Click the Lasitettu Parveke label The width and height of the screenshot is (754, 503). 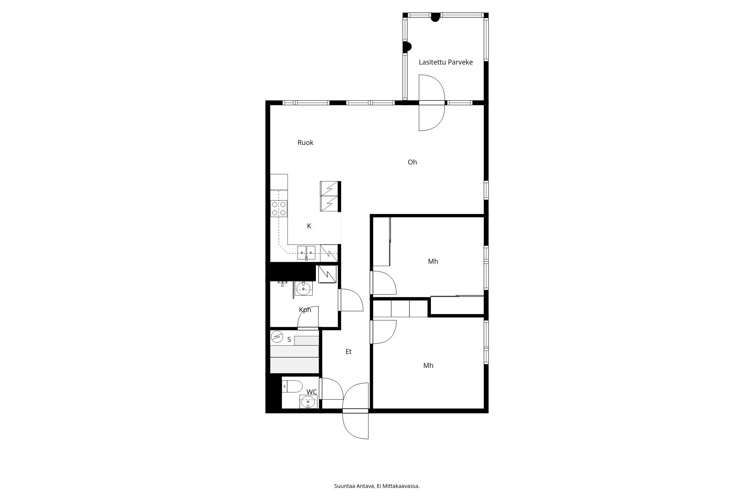pyautogui.click(x=446, y=62)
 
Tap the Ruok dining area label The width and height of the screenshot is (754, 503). pyautogui.click(x=305, y=143)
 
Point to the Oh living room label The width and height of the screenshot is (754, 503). pyautogui.click(x=412, y=162)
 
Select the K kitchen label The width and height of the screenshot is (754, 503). pyautogui.click(x=309, y=226)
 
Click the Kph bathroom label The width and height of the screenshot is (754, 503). pyautogui.click(x=305, y=310)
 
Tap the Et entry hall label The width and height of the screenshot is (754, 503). pyautogui.click(x=348, y=352)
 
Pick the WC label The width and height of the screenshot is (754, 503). pyautogui.click(x=312, y=392)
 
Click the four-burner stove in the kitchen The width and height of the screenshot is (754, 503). pyautogui.click(x=279, y=209)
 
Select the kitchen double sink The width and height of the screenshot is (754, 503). pyautogui.click(x=306, y=252)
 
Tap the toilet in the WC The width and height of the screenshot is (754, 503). pyautogui.click(x=293, y=386)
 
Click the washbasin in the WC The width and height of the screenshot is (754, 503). pyautogui.click(x=308, y=402)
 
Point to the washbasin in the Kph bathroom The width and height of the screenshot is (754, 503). pyautogui.click(x=303, y=289)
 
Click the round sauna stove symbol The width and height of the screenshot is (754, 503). pyautogui.click(x=277, y=336)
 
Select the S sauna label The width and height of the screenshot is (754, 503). pyautogui.click(x=289, y=340)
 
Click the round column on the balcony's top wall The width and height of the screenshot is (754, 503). pyautogui.click(x=435, y=17)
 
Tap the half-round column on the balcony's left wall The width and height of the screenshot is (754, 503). pyautogui.click(x=407, y=47)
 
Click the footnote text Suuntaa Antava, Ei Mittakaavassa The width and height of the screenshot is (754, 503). pyautogui.click(x=377, y=486)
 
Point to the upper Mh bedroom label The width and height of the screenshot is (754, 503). pyautogui.click(x=433, y=261)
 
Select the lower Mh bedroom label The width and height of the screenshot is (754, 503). pyautogui.click(x=428, y=366)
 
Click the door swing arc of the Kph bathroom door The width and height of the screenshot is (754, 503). pyautogui.click(x=356, y=296)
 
